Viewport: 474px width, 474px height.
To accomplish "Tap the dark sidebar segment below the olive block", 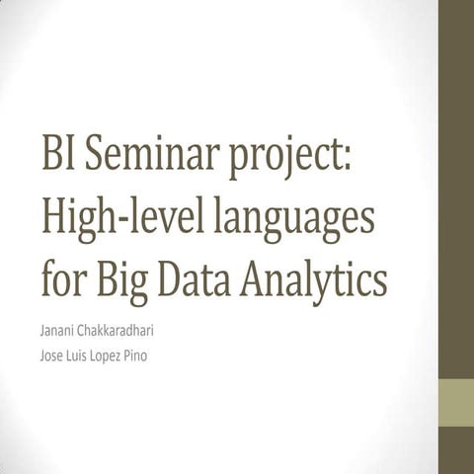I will pyautogui.click(x=455, y=450).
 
